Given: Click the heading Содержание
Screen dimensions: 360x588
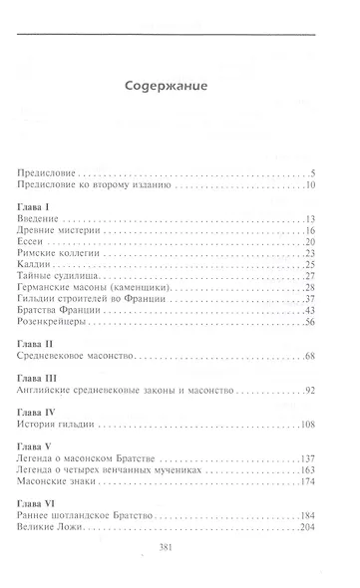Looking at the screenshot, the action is [x=167, y=86].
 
